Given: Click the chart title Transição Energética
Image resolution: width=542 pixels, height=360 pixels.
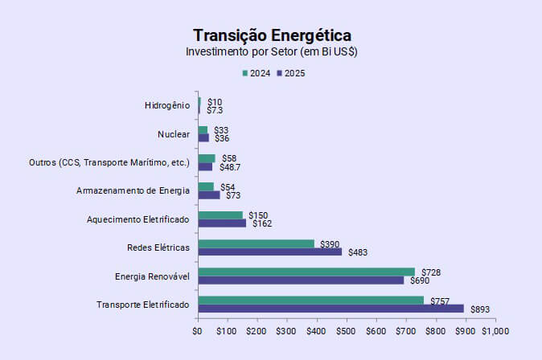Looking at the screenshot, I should coord(272,35).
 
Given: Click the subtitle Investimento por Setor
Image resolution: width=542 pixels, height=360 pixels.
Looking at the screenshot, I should coord(272,51).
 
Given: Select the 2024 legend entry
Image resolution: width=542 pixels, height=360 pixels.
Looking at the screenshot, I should coord(257,73).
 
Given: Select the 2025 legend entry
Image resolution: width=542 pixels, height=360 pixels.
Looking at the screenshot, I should coord(290,73).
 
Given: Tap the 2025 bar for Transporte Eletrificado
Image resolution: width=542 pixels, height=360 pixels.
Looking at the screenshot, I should coord(331,309).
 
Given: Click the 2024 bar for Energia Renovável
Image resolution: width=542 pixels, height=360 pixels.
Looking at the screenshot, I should coord(306,272).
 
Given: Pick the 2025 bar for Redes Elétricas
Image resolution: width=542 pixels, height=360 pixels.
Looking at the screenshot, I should coord(269,252).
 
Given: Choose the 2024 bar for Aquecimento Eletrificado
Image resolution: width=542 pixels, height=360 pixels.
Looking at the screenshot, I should coord(220,215).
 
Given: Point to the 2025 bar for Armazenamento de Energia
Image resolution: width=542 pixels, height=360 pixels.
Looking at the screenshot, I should coord(208,194).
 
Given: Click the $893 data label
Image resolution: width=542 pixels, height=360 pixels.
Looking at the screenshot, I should coord(480,309).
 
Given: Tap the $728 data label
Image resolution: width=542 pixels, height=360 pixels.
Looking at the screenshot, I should coord(430,272).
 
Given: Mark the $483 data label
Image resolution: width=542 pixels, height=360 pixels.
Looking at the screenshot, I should coord(357,252).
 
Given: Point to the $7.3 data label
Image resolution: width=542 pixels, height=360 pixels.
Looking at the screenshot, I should coord(215,109).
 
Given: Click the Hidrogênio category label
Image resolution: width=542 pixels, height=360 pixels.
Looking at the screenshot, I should coord(167,105).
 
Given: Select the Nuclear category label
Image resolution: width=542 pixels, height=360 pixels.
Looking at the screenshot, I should coord(174,134).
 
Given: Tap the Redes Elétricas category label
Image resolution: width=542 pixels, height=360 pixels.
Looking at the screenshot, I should coord(158,247).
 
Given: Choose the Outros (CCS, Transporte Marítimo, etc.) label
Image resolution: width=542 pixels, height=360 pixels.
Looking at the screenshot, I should coord(109,162).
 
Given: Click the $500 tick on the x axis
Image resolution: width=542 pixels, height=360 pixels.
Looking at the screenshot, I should coord(346,330).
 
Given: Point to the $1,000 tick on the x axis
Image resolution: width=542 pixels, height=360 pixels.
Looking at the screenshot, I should coord(495,330).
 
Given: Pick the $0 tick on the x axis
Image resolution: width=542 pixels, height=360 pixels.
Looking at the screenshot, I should coord(198,330).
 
